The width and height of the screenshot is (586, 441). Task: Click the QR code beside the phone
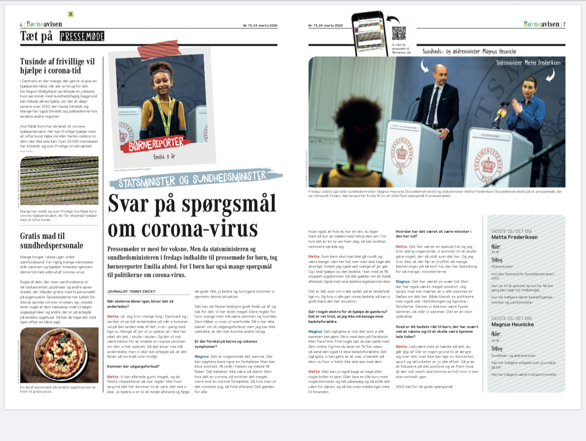coord(399,33)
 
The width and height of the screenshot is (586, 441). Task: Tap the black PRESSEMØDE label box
coord(82,36)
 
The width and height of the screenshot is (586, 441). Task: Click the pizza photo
coord(59,355)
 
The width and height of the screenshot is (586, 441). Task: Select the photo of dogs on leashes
coord(59,181)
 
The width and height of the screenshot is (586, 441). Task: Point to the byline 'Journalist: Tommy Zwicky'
coord(131,291)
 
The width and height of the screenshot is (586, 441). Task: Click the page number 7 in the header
coord(564,25)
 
